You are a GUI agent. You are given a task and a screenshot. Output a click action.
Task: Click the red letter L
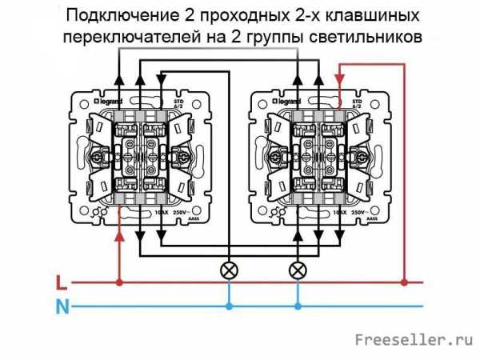tap(62, 282)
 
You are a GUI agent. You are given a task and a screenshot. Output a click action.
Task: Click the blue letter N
tap(62, 306)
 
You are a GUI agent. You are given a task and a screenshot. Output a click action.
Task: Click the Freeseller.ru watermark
tap(415, 341)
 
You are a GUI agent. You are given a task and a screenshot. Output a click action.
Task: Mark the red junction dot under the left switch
tap(120, 282)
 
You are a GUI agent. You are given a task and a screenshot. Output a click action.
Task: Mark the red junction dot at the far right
tap(405, 282)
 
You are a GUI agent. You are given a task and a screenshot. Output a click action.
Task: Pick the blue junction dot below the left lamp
tap(229, 306)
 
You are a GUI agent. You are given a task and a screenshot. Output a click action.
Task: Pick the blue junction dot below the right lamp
tap(298, 306)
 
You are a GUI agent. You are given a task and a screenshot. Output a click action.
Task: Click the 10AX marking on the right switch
tap(334, 214)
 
